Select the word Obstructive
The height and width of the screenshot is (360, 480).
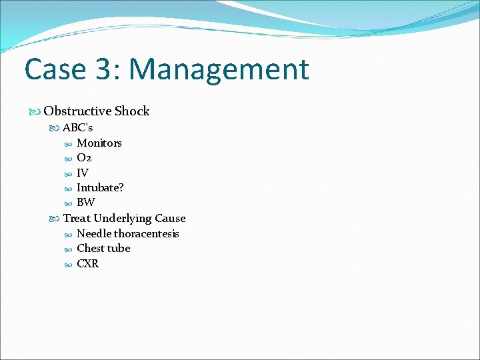pos(77,111)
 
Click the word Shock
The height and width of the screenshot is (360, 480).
pos(132,111)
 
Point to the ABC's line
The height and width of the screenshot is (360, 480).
pos(78,127)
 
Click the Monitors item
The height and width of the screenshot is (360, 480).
pos(99,143)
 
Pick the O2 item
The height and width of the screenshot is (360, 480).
pos(84,158)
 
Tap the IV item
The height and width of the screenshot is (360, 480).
pos(83,173)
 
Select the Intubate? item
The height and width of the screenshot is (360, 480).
pos(100,188)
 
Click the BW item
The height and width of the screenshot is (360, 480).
pos(86,203)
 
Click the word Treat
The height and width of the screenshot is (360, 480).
pos(77,218)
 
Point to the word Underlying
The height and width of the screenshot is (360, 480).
pos(123,218)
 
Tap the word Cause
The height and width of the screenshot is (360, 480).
pos(170,218)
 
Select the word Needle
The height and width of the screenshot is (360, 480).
pos(94,233)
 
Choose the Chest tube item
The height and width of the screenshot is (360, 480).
pos(103,248)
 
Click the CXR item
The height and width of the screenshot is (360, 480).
pos(87,263)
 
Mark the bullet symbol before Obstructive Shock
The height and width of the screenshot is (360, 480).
pos(36,111)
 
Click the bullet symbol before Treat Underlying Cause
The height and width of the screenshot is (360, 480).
pos(55,219)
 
